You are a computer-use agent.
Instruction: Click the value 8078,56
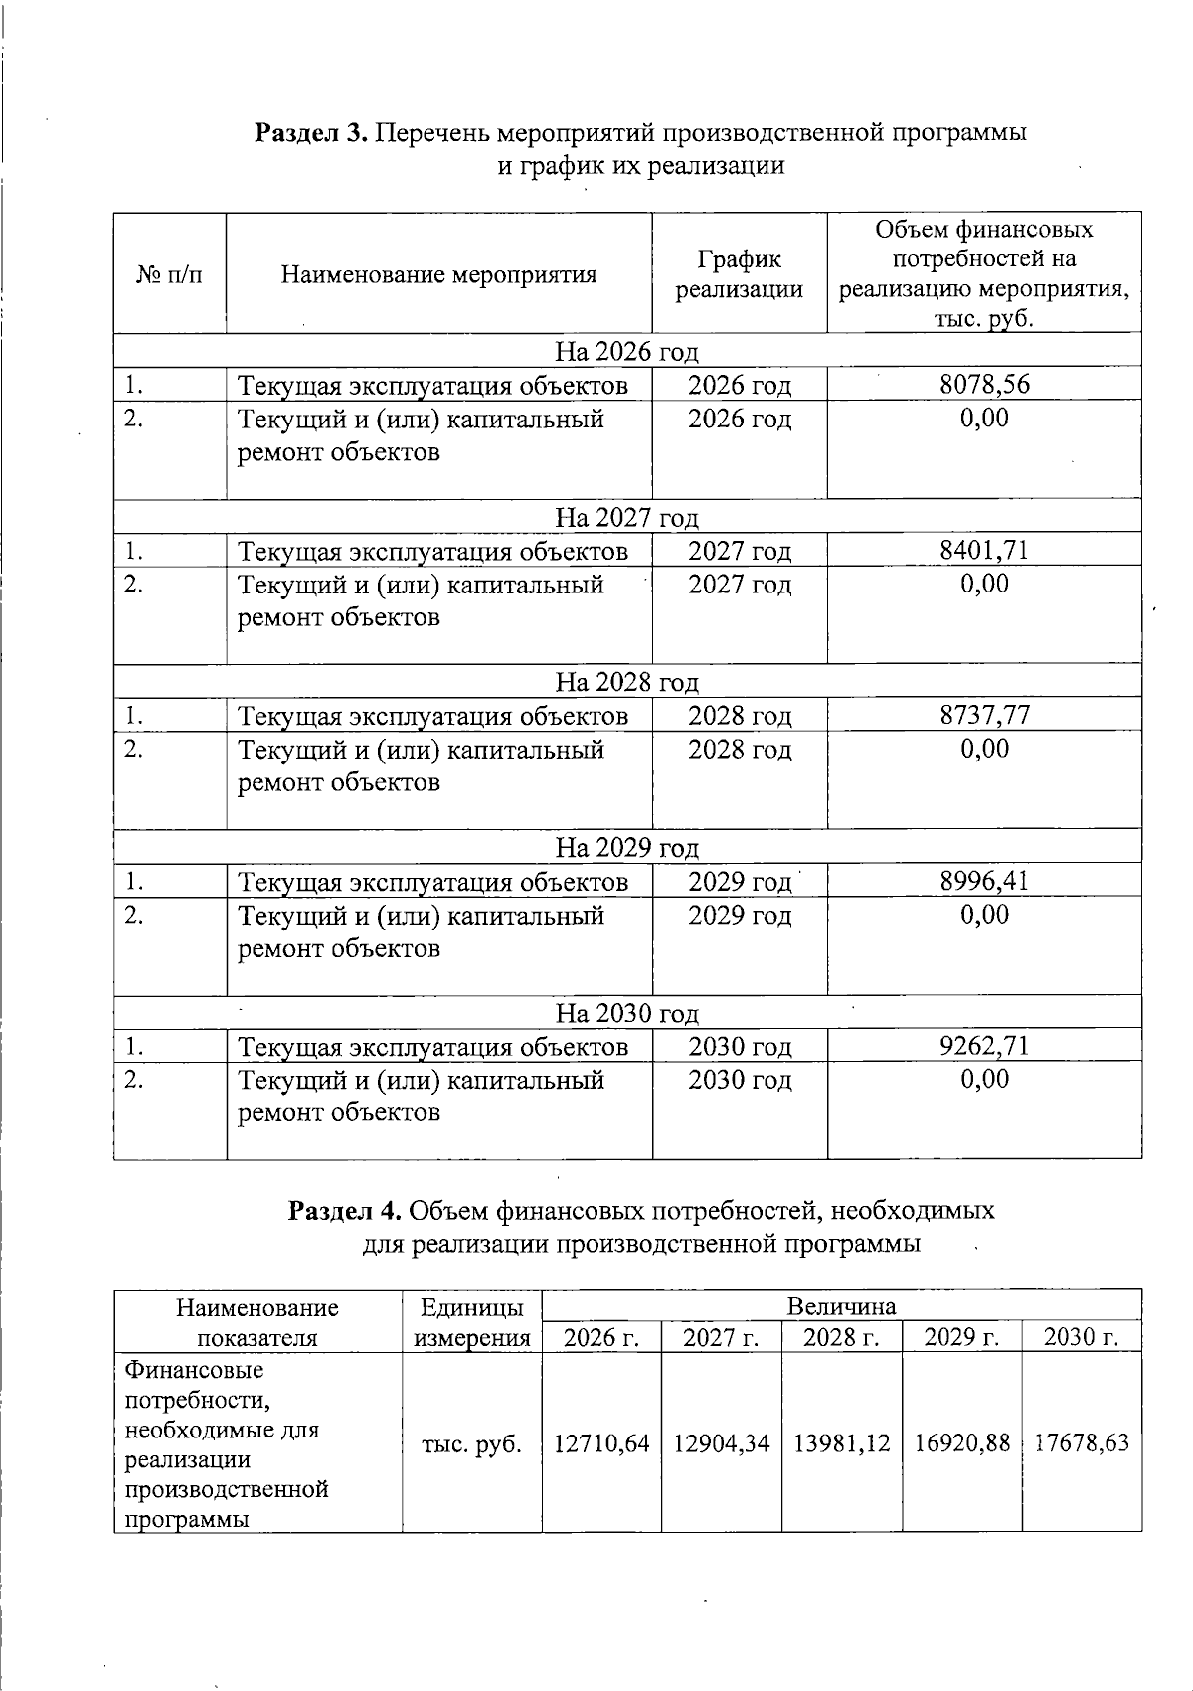[x=984, y=385]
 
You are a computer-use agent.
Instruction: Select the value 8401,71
[x=984, y=550]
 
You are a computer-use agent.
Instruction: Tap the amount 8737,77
[x=984, y=715]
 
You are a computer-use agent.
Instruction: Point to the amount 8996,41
[x=984, y=881]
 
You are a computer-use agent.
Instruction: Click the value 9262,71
[x=984, y=1046]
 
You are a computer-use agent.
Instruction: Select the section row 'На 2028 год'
[x=626, y=682]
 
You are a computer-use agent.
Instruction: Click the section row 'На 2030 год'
[x=626, y=1013]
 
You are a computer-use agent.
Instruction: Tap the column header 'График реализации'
[x=739, y=274]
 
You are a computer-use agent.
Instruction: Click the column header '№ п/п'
[x=169, y=274]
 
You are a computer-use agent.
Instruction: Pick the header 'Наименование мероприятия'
[x=438, y=274]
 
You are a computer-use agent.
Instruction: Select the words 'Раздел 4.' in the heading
[x=344, y=1211]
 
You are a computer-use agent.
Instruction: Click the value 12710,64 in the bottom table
[x=601, y=1443]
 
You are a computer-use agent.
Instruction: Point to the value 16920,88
[x=961, y=1443]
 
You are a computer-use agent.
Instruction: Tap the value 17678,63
[x=1082, y=1443]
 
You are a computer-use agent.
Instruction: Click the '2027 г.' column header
[x=721, y=1338]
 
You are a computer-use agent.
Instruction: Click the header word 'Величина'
[x=841, y=1306]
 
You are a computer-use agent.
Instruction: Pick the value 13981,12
[x=841, y=1443]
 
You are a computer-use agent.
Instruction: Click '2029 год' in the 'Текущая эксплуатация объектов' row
[x=740, y=882]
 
